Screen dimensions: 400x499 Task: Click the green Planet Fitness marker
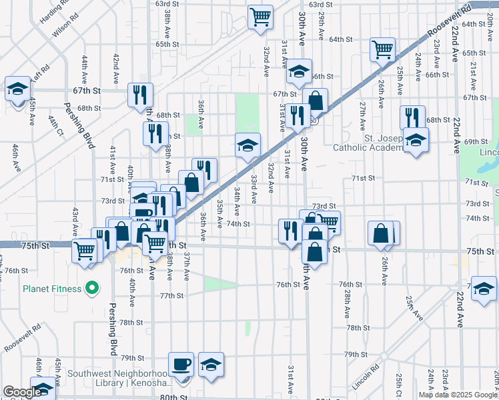(x=93, y=289)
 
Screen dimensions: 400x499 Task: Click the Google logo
(x=22, y=392)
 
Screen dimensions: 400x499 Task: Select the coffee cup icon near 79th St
(x=181, y=365)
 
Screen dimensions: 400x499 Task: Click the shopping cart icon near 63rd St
(x=260, y=16)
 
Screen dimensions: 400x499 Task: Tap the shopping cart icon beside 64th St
(x=383, y=49)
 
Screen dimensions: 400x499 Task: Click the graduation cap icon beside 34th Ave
(x=247, y=145)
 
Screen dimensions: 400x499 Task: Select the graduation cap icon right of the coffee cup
(x=211, y=365)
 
